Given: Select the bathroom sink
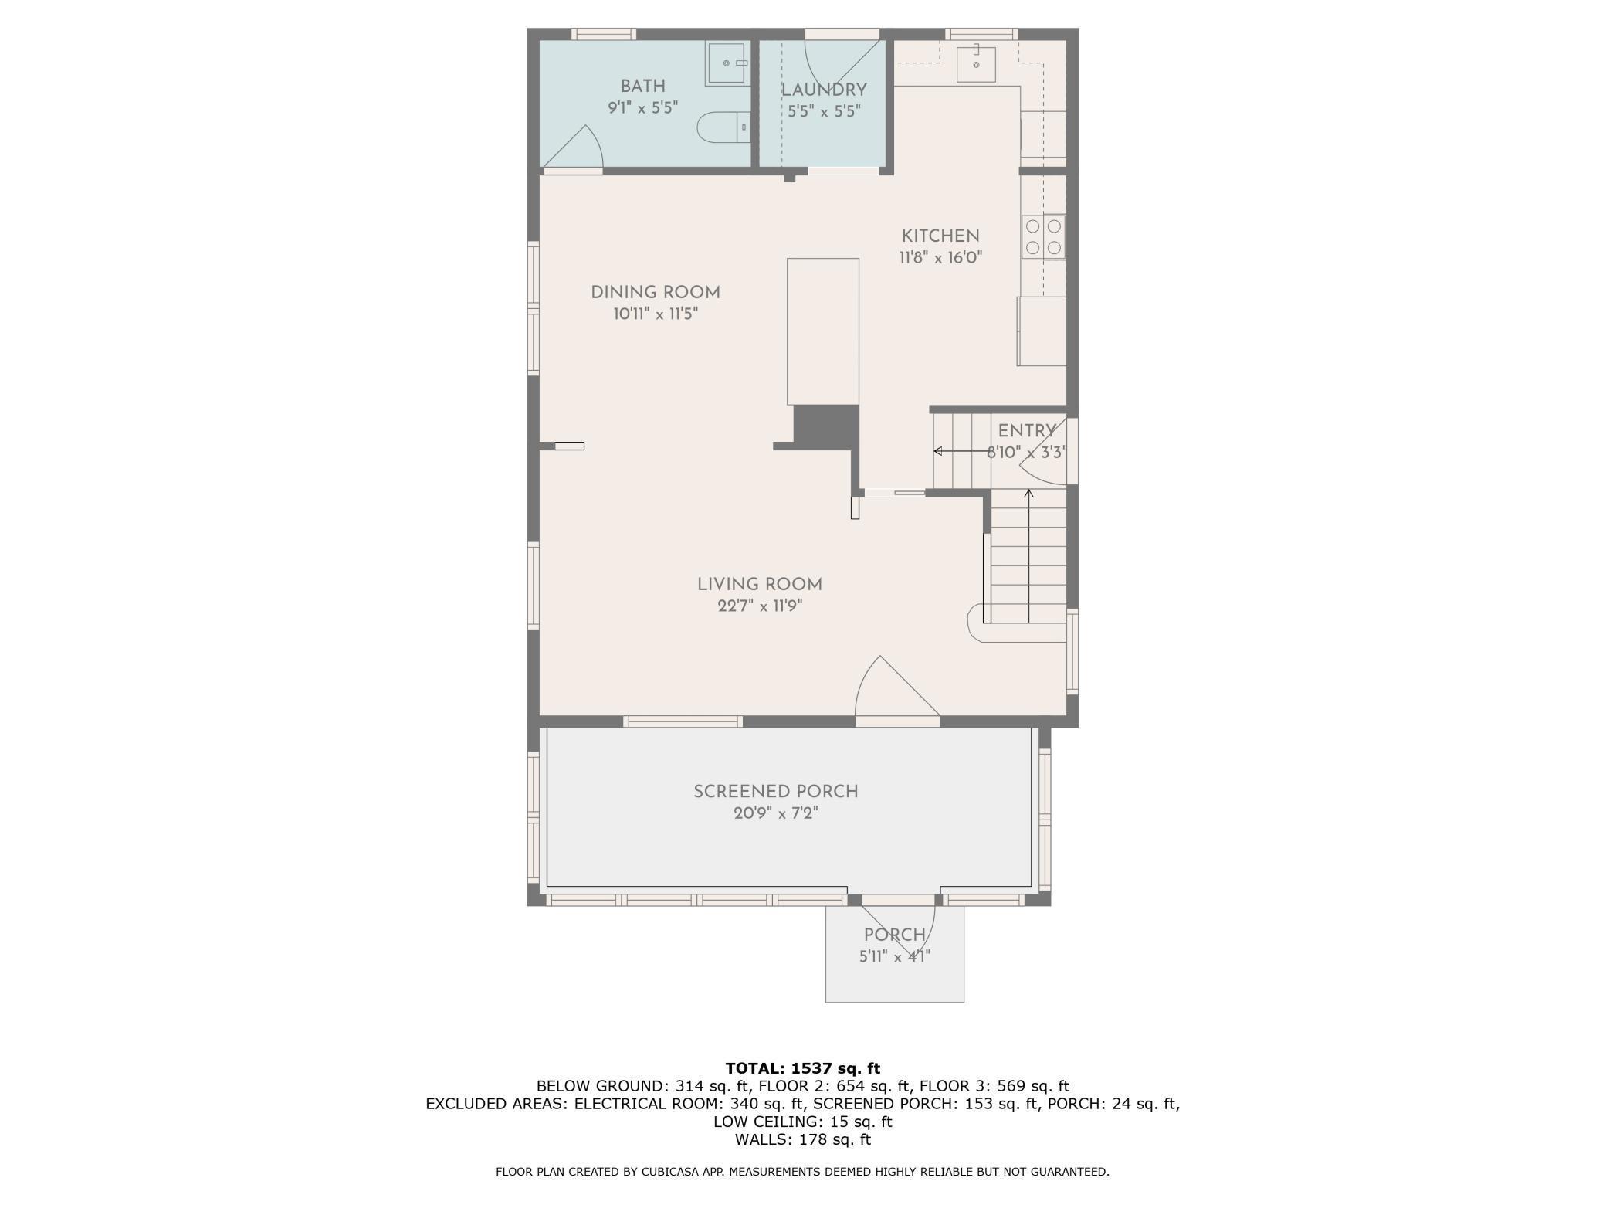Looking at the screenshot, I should coord(727,63).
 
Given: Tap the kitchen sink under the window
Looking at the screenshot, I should coord(976,63).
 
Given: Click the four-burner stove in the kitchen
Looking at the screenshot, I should coord(1043,237).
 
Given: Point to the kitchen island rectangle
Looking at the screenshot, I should coord(822,331).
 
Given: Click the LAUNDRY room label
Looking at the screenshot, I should coord(824,90).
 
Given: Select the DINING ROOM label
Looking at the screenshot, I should coord(655,293).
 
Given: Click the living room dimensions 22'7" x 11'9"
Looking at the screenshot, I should coord(760,606).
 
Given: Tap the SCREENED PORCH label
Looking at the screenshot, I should coord(775,792).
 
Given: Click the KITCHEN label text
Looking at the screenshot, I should coord(940,236).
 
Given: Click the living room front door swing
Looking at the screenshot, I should coord(896,690).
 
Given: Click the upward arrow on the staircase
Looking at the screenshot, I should coord(1028,556).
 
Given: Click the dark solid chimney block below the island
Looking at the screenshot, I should coord(826,426).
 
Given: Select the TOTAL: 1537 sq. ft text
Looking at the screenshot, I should coord(802,1068).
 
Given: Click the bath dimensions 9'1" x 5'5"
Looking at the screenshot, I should coord(642,107).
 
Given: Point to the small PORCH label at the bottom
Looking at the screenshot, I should coord(894,935).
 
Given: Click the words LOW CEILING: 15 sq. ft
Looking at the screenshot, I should coord(802,1122).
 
